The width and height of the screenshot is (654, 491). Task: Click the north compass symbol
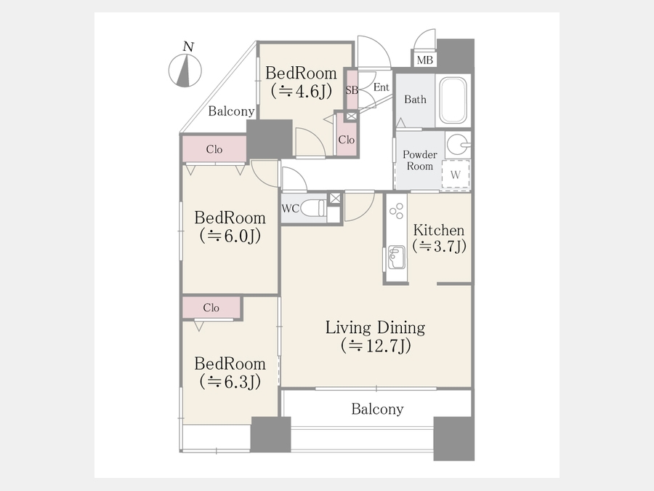(185, 70)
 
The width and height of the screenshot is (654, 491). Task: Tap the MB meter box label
(424, 60)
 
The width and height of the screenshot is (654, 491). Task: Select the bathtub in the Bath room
(453, 100)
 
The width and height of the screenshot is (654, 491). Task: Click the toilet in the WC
(312, 208)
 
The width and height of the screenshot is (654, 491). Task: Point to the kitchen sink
(396, 258)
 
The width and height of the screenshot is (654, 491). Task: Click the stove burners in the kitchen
(396, 211)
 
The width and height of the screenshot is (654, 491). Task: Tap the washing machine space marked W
(456, 175)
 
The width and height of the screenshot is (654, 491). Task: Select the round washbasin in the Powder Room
(458, 145)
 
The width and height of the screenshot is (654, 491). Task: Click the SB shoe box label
(352, 90)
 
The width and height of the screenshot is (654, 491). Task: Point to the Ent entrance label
(381, 87)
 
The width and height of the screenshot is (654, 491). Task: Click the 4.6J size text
(301, 91)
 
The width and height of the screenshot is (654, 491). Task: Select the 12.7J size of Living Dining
(376, 346)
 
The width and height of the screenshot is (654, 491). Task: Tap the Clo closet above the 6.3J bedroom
(211, 308)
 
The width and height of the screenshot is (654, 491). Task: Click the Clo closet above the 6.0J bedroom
(214, 149)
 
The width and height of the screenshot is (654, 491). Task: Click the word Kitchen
(439, 230)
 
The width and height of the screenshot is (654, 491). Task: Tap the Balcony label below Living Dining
(377, 409)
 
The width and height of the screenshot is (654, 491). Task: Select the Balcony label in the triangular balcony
(231, 111)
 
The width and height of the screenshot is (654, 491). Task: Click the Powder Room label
(419, 160)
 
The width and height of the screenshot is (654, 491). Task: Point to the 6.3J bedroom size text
(230, 381)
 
